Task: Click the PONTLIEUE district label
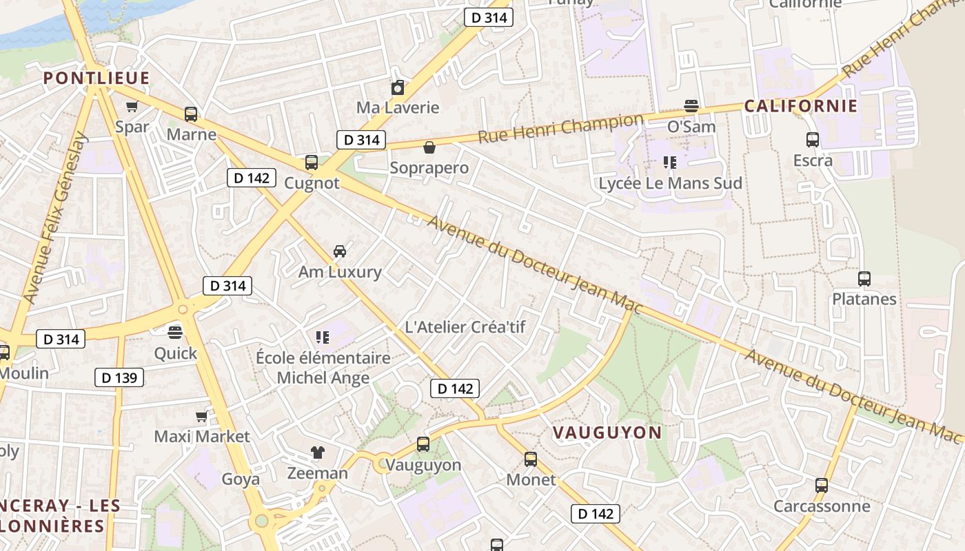pyautogui.click(x=96, y=78)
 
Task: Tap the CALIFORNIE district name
pyautogui.click(x=800, y=106)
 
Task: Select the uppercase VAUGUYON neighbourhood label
pyautogui.click(x=607, y=433)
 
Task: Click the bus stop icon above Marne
pyautogui.click(x=191, y=114)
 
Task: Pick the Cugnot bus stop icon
pyautogui.click(x=312, y=163)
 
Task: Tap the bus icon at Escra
pyautogui.click(x=813, y=140)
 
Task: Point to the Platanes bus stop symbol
pyautogui.click(x=864, y=279)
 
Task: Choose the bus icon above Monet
pyautogui.click(x=531, y=459)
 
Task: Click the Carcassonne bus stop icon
pyautogui.click(x=821, y=486)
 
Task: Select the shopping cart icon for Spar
pyautogui.click(x=132, y=107)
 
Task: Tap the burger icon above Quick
pyautogui.click(x=175, y=333)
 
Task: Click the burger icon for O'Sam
pyautogui.click(x=691, y=106)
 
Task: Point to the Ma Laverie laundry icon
pyautogui.click(x=398, y=87)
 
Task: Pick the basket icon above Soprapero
pyautogui.click(x=429, y=147)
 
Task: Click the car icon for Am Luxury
pyautogui.click(x=339, y=251)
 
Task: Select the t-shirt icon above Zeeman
pyautogui.click(x=317, y=453)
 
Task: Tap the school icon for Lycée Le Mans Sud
pyautogui.click(x=669, y=163)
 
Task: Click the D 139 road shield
pyautogui.click(x=119, y=377)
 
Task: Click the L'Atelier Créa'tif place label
pyautogui.click(x=465, y=327)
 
